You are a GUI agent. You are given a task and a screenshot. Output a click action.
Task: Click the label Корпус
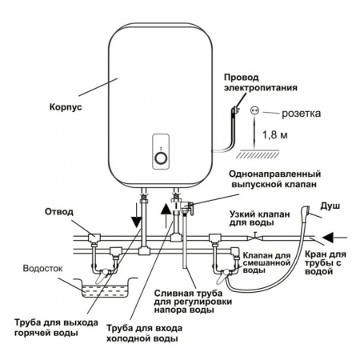66,107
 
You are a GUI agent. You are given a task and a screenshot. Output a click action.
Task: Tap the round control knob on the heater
161,158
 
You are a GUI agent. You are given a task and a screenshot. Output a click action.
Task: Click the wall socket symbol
254,110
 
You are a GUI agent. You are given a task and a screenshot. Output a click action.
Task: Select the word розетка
302,114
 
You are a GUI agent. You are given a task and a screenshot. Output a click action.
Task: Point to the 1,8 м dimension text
275,135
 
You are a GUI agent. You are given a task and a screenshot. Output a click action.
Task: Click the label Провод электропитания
261,82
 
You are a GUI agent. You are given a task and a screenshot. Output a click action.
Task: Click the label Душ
330,206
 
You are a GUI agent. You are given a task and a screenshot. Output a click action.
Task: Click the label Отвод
59,212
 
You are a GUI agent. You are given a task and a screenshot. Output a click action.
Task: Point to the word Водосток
42,268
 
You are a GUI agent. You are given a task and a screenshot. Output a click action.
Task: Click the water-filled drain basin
106,288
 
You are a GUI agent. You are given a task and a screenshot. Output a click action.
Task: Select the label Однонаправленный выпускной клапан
274,179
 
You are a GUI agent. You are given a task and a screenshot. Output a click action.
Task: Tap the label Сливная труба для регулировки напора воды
193,302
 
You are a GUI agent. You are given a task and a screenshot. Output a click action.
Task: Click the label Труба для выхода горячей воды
56,327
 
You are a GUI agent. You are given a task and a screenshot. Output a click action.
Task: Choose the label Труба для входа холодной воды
145,333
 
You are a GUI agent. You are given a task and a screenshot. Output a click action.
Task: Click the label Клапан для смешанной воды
266,263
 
